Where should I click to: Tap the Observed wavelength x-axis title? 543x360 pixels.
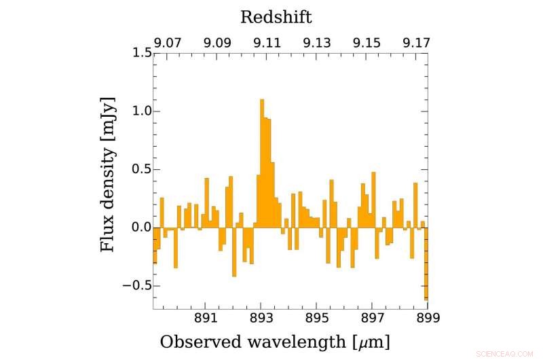[x=275, y=341]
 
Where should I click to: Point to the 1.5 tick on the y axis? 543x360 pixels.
[x=138, y=54]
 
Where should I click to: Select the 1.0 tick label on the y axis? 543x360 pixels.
[x=138, y=111]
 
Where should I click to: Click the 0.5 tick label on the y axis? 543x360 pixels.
[x=138, y=170]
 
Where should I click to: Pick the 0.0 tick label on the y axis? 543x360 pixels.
[x=138, y=228]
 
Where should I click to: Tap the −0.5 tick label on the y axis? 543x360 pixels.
[x=134, y=285]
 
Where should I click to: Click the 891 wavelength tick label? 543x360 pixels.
[x=205, y=318]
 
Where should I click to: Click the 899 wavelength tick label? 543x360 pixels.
[x=428, y=318]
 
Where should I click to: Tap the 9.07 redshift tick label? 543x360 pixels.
[x=167, y=42]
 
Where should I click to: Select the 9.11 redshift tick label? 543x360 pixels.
[x=267, y=42]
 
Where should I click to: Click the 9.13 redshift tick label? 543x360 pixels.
[x=317, y=42]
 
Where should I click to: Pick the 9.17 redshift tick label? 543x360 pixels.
[x=415, y=42]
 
